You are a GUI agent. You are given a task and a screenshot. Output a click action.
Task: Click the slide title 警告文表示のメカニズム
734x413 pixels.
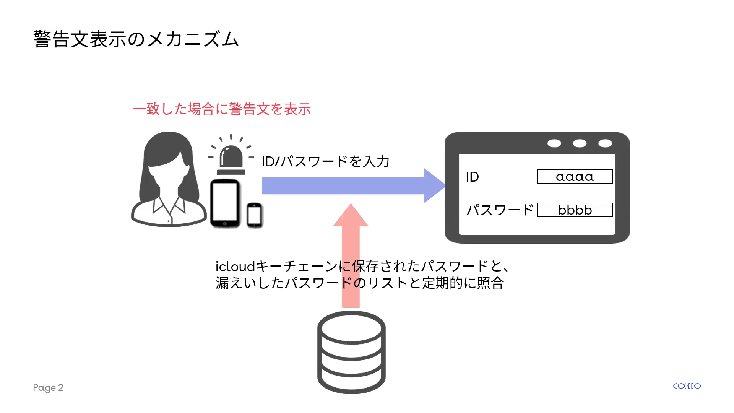[x=136, y=39]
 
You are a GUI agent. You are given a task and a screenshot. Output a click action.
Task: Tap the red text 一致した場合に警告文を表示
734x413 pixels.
[x=222, y=109]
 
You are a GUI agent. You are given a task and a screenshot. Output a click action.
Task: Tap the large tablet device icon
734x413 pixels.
[x=225, y=203]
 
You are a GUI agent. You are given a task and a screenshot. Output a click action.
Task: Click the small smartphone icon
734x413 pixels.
[x=254, y=215]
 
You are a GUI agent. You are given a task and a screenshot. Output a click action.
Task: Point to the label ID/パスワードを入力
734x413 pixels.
[x=325, y=161]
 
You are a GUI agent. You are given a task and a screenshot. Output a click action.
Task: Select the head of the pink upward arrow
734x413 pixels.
[x=351, y=216]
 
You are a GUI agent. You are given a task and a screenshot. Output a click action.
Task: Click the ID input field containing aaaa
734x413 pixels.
[x=575, y=177]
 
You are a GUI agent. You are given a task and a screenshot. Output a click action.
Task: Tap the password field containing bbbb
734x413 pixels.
[x=575, y=210]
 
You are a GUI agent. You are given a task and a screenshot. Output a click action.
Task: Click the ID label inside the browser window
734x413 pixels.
[x=473, y=177]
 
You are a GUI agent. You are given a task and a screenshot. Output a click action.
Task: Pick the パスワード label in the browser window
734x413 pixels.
[x=500, y=210]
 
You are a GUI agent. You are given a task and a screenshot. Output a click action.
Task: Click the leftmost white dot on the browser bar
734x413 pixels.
[x=554, y=143]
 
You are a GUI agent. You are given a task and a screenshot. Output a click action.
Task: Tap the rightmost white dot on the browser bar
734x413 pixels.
[x=605, y=143]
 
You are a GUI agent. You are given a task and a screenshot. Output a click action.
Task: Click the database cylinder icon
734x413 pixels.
[x=351, y=352]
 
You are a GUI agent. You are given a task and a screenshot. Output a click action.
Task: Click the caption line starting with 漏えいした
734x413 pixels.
[x=359, y=283]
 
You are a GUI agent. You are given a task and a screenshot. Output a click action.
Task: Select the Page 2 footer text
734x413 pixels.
[x=48, y=387]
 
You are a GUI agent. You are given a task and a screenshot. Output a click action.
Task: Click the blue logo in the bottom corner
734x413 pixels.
[x=687, y=386]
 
